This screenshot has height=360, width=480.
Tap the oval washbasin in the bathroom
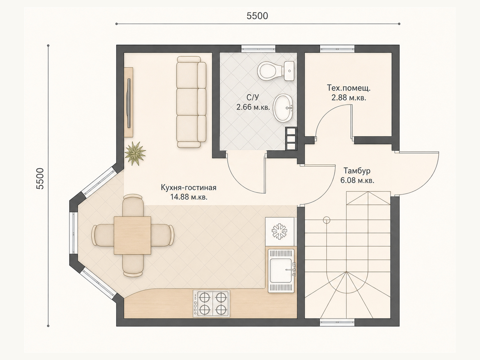pos(283,108)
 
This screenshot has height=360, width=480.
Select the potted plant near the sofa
pos(135,153)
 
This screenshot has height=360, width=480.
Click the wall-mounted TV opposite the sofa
pos(129,103)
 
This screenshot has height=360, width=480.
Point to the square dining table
pos(133,235)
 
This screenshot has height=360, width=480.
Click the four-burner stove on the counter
pos(211,304)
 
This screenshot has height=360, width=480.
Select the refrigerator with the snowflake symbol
pos(280,231)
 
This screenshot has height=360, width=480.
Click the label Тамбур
pos(357,171)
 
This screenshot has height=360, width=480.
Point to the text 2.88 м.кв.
pos(349,97)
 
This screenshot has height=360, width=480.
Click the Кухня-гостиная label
pos(188,187)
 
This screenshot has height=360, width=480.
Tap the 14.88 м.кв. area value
pos(189,197)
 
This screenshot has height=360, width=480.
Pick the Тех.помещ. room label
pos(349,88)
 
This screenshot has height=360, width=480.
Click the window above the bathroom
pos(258,49)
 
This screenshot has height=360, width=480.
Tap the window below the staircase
pos(337,322)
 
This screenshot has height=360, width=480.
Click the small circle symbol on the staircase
pos(326,220)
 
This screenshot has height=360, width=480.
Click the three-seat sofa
pos(191,102)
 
